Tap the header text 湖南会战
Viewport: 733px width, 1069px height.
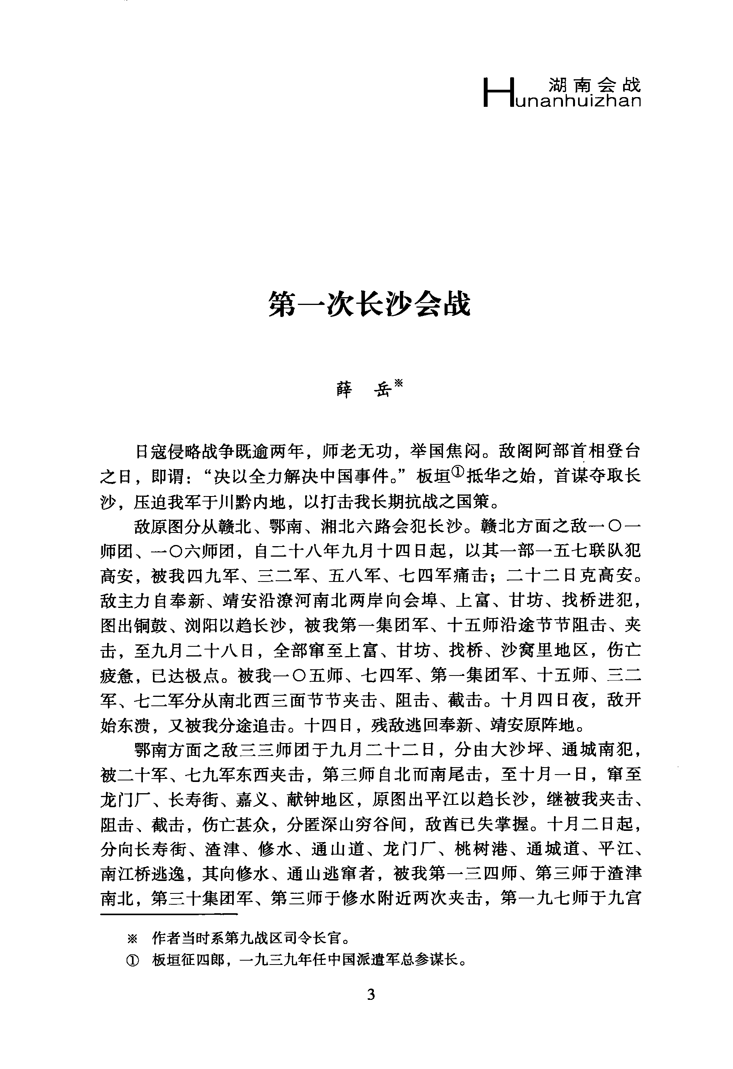click(x=594, y=85)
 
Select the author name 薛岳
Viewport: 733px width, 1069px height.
click(x=363, y=390)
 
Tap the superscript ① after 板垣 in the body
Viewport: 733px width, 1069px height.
click(x=458, y=472)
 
